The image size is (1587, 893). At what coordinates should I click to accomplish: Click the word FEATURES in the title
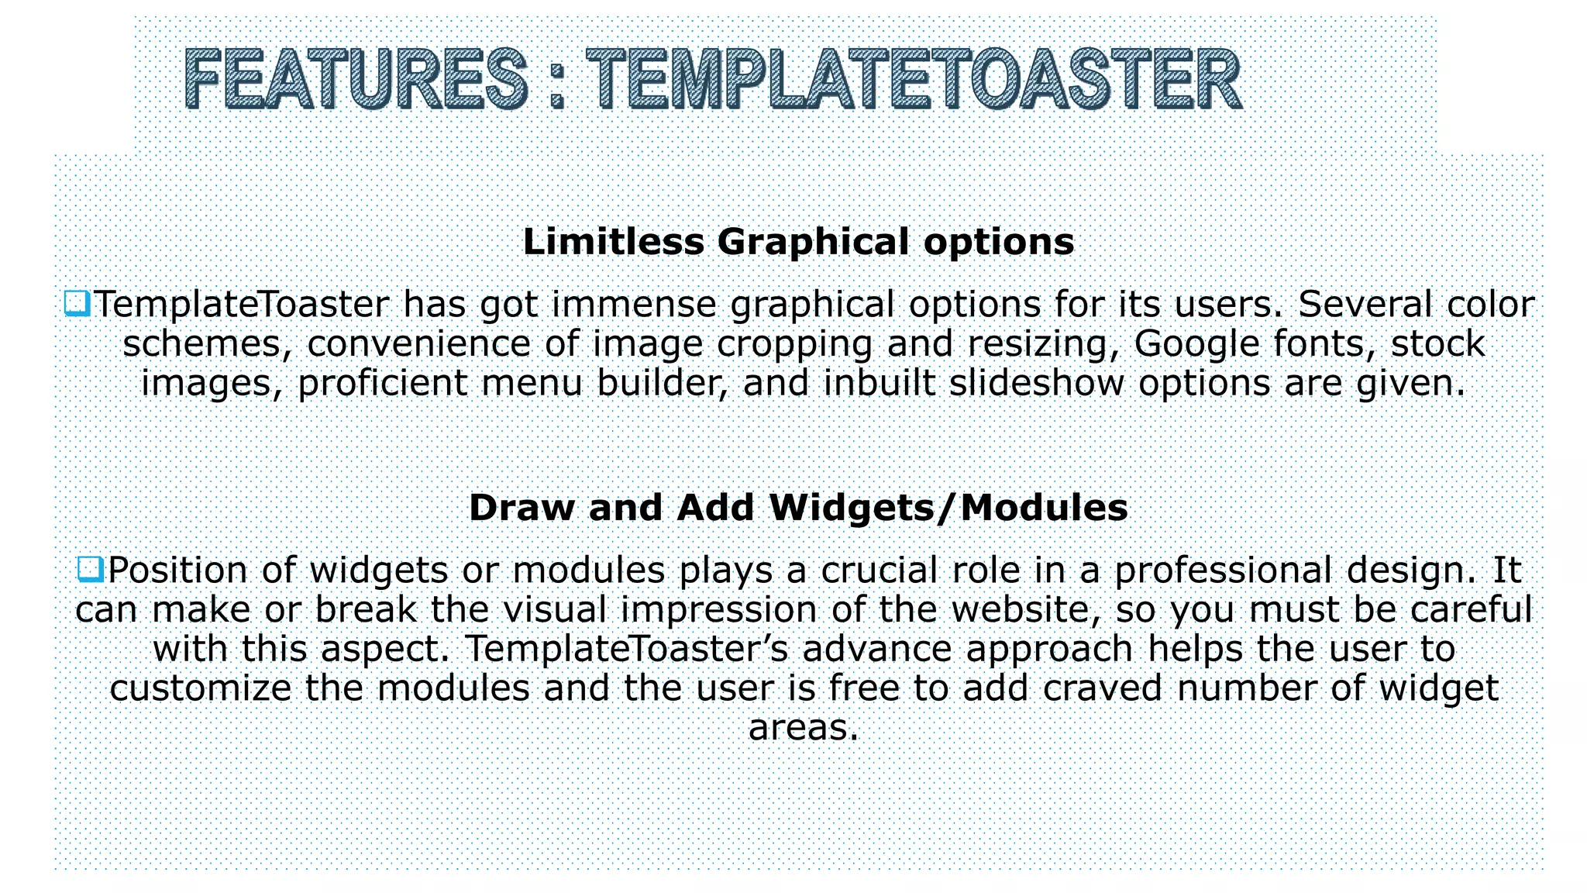tap(356, 79)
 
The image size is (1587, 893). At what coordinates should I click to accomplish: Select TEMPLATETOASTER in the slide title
tap(914, 79)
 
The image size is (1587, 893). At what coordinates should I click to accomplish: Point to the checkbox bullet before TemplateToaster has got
tap(77, 303)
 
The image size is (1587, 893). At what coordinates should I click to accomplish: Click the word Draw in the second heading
tap(522, 508)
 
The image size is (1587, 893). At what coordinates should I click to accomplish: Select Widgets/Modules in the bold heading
tap(948, 508)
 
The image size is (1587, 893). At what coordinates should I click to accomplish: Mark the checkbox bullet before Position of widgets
tap(91, 569)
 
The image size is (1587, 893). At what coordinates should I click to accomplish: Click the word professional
tap(1224, 571)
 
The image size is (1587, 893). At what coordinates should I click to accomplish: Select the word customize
tap(200, 688)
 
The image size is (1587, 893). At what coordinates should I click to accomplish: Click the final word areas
tap(804, 728)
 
